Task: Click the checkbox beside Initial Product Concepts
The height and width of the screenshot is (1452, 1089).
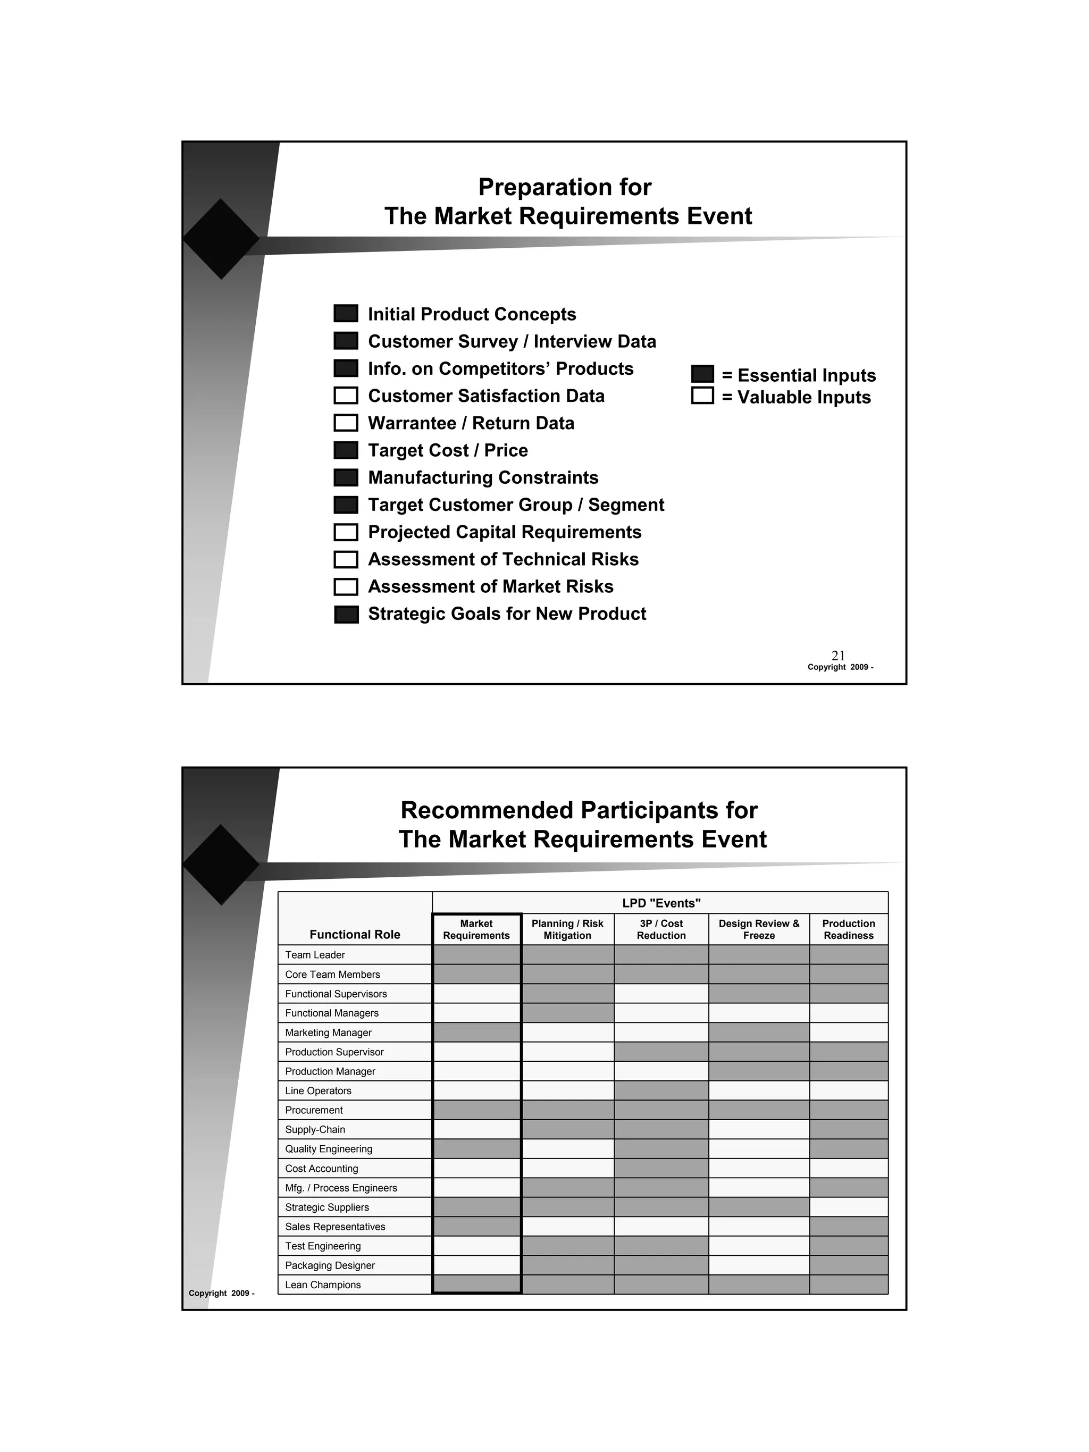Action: tap(346, 314)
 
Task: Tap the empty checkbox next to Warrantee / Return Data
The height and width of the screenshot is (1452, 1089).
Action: tap(346, 423)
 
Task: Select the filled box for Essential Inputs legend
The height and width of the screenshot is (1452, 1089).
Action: tap(702, 374)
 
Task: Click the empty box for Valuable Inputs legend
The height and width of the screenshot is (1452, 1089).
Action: tap(702, 396)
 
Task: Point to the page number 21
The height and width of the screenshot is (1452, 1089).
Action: tap(838, 655)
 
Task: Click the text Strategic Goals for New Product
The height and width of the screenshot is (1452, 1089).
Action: tap(507, 614)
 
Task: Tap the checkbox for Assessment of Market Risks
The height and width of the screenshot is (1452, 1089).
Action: tap(346, 586)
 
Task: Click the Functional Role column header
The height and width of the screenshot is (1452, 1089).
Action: tap(355, 934)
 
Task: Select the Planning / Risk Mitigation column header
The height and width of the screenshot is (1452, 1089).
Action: tap(567, 929)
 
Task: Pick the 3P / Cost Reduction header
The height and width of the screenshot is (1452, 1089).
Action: tap(661, 929)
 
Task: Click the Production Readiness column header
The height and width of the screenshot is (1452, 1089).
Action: tap(848, 929)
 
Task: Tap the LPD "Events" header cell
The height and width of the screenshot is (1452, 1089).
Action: tap(660, 903)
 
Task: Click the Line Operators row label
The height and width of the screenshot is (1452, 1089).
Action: tap(319, 1091)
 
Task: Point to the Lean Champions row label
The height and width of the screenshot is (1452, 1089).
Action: tap(323, 1285)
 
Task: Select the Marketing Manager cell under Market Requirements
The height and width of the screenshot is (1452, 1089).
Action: tap(476, 1033)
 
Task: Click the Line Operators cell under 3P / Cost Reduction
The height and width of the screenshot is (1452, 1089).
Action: tap(661, 1091)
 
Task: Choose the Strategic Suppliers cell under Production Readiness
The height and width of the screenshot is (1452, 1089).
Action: tap(848, 1207)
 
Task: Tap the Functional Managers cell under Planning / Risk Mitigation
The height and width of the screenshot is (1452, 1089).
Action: tap(567, 1013)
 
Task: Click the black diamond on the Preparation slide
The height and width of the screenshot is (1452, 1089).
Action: tap(221, 239)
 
